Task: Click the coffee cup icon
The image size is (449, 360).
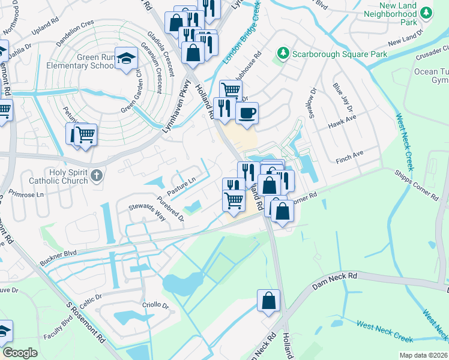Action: (x=247, y=112)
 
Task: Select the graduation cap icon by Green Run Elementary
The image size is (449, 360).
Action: (x=126, y=58)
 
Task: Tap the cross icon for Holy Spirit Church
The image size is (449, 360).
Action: (x=98, y=175)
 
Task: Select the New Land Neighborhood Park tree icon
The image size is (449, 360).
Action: (x=426, y=12)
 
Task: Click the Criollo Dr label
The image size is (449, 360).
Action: (x=155, y=305)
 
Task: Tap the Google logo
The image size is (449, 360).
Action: (x=20, y=353)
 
